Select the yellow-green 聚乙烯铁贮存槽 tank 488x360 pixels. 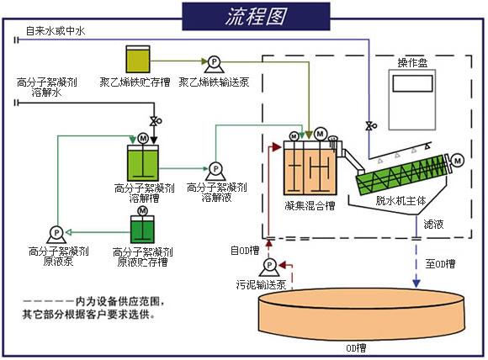click(135, 58)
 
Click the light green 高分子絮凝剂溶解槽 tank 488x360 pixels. click(142, 161)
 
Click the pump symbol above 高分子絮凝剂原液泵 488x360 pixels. click(57, 232)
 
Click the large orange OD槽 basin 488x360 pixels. click(362, 320)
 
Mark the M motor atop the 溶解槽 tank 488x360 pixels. click(142, 137)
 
